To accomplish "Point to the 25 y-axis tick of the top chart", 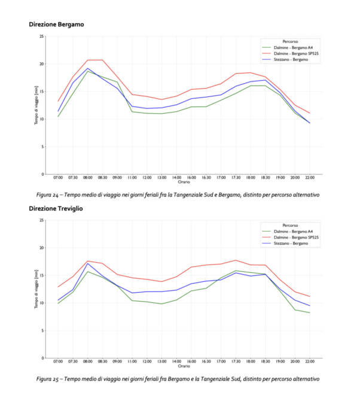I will (41, 37).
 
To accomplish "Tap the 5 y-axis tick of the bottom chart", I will (42, 330).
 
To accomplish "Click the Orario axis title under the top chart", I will (184, 182).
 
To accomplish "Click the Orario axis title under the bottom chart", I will (184, 366).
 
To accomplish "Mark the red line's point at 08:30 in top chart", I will (102, 60).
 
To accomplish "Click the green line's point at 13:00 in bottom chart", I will (161, 303).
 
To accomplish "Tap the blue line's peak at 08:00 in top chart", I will (88, 68).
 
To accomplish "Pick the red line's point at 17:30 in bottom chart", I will (236, 260).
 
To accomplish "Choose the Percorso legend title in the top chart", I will (290, 41).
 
